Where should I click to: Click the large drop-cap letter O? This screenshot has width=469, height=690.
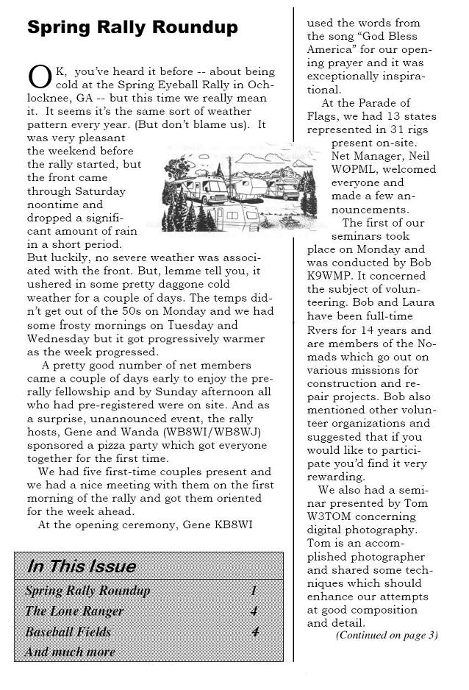point(38,77)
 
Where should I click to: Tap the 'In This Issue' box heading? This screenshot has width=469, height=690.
point(82,566)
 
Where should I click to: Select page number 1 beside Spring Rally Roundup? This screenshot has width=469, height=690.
point(254,591)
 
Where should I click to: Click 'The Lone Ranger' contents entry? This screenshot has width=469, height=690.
point(74,611)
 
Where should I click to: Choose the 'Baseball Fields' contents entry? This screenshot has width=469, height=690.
point(68,632)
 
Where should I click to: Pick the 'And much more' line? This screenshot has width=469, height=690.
point(71,652)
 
